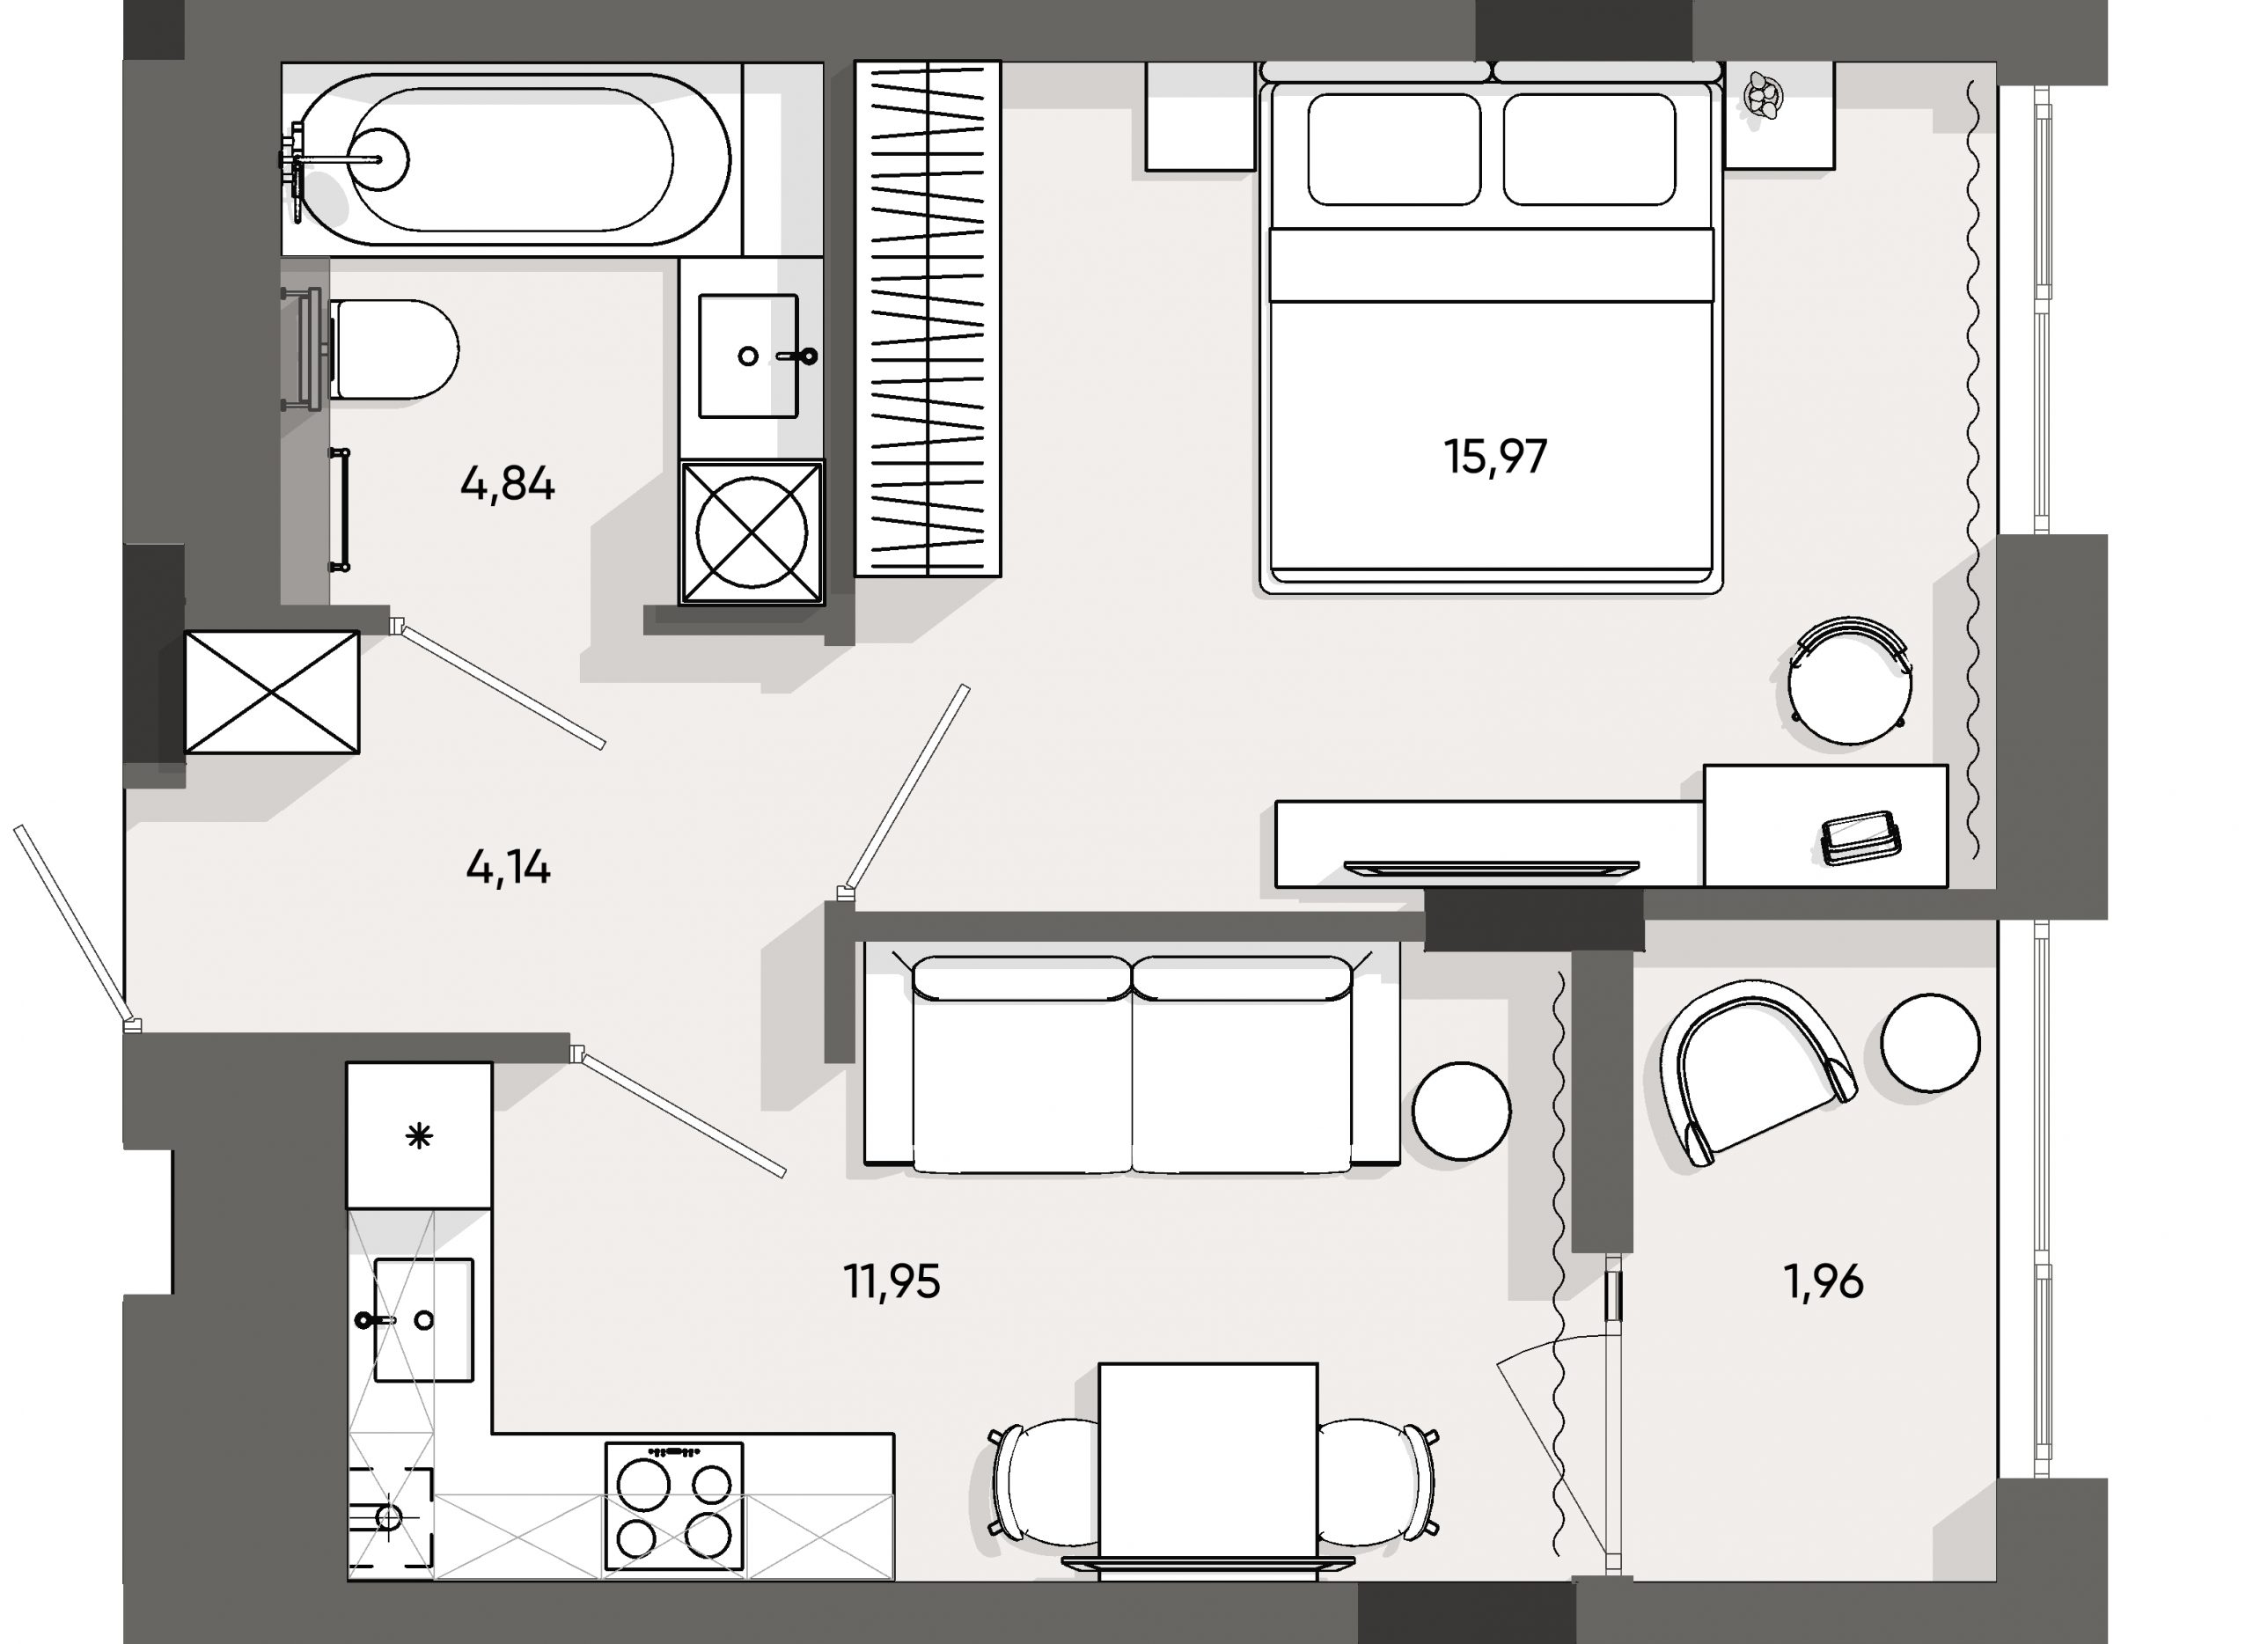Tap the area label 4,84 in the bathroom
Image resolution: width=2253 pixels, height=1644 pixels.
click(x=507, y=484)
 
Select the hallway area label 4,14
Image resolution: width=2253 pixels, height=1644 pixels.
click(x=508, y=869)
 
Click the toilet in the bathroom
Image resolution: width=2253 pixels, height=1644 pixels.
click(x=393, y=349)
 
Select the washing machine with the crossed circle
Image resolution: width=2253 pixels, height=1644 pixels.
click(x=752, y=532)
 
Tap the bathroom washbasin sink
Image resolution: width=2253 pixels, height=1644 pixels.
click(x=748, y=356)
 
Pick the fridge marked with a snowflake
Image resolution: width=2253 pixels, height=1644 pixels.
click(x=419, y=1135)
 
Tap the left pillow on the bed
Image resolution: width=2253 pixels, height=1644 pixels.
click(x=1393, y=150)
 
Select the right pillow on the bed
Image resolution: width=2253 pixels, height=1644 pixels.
click(x=1589, y=150)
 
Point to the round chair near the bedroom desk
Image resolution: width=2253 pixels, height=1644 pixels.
click(x=1849, y=685)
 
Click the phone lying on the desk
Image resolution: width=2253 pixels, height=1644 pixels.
click(x=1859, y=834)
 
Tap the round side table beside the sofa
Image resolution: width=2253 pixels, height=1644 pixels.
click(x=1461, y=1110)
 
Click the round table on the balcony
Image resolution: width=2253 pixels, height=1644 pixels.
click(x=1930, y=1043)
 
